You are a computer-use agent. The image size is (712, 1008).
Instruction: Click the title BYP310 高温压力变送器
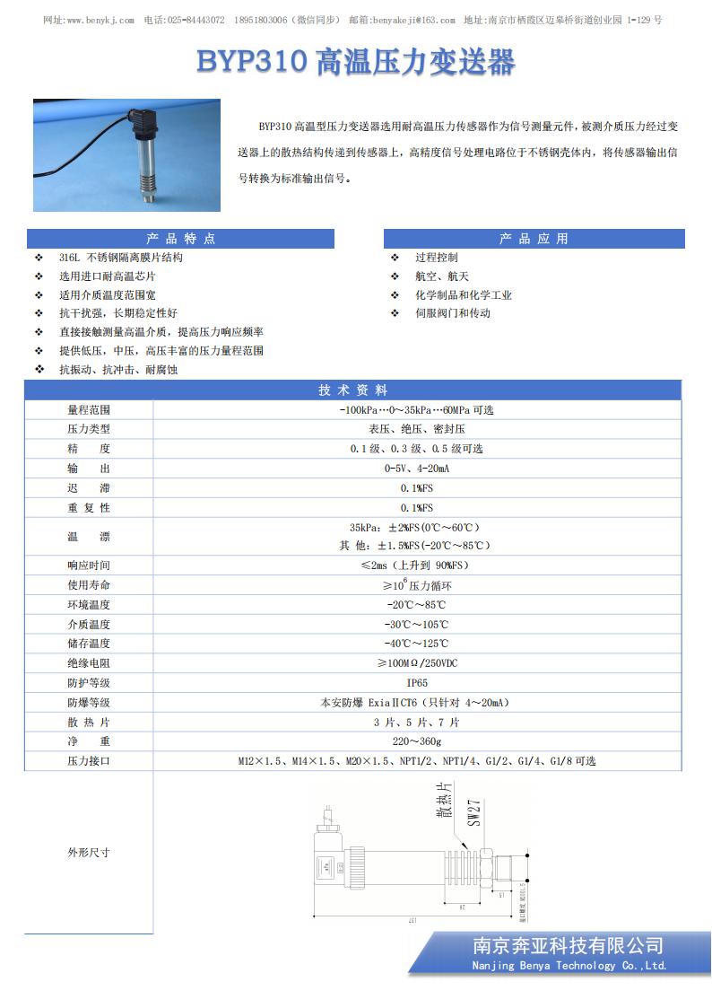click(x=356, y=64)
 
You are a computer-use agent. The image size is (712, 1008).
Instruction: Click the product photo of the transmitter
click(x=120, y=154)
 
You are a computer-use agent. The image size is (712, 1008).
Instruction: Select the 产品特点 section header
click(x=180, y=239)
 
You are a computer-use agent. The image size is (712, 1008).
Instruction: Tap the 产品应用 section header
click(x=534, y=239)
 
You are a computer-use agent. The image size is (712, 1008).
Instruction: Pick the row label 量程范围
click(x=89, y=410)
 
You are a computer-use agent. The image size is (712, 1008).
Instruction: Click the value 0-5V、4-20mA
click(x=417, y=469)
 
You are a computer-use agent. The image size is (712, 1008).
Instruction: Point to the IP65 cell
click(x=417, y=683)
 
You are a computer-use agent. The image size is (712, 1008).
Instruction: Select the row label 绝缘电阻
click(x=89, y=663)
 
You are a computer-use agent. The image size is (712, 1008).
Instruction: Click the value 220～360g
click(x=417, y=741)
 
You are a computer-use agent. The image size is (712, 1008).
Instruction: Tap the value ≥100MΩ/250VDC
click(x=417, y=663)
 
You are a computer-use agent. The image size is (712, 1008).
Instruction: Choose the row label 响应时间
click(x=89, y=565)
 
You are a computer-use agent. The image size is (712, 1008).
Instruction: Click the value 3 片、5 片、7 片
click(x=417, y=722)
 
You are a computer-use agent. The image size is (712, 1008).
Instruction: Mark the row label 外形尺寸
click(x=89, y=852)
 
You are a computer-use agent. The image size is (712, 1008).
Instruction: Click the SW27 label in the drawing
click(x=475, y=811)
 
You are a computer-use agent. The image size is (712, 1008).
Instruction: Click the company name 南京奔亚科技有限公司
click(x=569, y=945)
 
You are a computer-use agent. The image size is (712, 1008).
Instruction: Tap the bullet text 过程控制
click(x=436, y=258)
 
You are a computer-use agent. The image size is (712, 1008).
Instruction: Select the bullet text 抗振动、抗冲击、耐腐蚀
click(x=118, y=370)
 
